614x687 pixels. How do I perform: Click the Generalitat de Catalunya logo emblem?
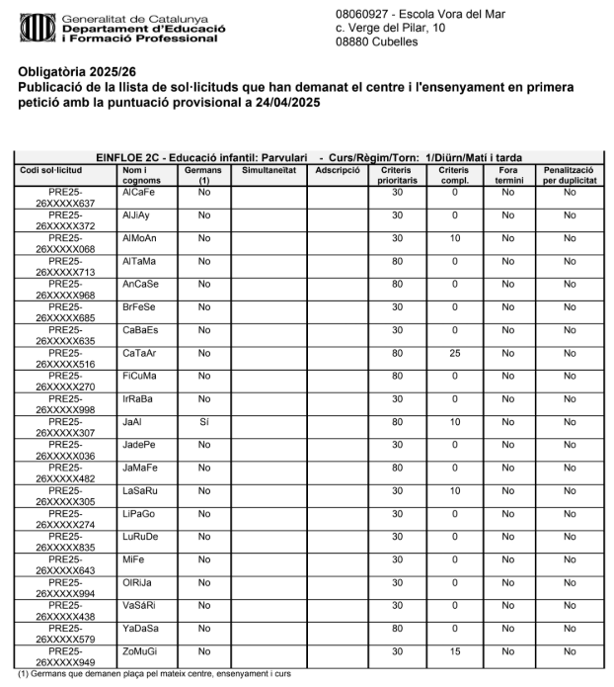[36, 27]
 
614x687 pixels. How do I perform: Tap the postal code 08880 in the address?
[354, 42]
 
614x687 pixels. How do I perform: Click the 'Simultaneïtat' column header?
[263, 170]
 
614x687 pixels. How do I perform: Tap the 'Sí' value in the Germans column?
[204, 420]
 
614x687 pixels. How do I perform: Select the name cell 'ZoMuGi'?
[140, 650]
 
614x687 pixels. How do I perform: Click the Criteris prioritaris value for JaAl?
[398, 420]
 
